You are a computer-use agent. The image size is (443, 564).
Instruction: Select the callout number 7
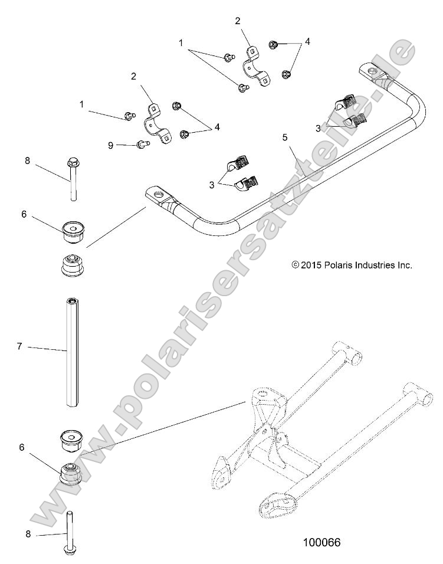(19, 346)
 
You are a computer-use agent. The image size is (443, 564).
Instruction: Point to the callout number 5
(284, 137)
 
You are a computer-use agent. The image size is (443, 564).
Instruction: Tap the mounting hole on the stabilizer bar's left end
(158, 194)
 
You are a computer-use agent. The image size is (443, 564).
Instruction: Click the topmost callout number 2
(237, 21)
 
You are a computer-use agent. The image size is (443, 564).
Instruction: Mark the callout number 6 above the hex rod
(24, 215)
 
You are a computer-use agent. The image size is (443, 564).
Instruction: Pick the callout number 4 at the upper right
(307, 42)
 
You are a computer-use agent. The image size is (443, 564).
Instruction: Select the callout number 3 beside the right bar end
(319, 127)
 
